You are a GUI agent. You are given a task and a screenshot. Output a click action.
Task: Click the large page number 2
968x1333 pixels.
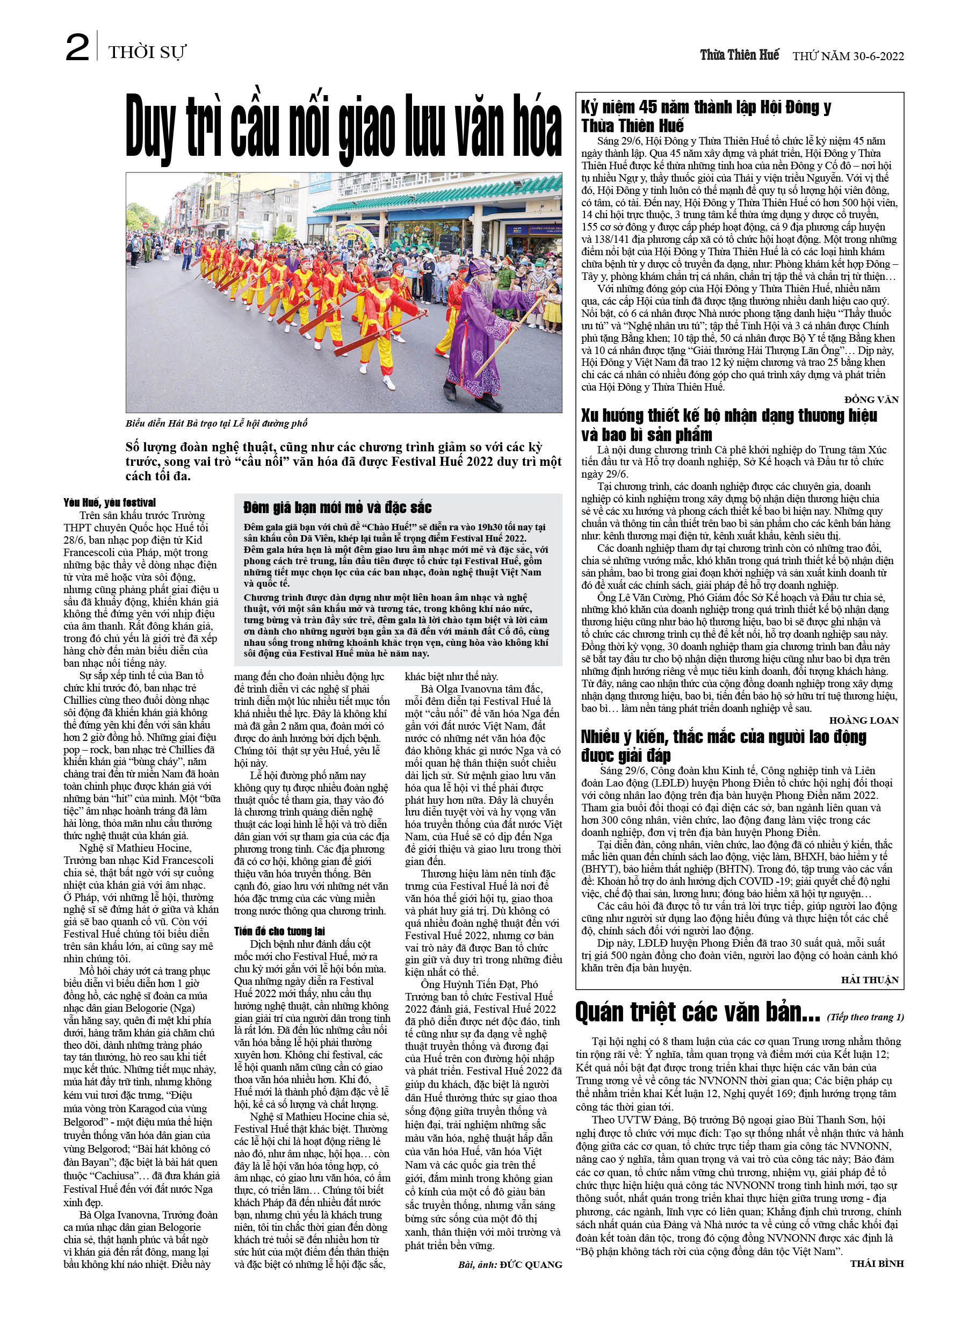[77, 49]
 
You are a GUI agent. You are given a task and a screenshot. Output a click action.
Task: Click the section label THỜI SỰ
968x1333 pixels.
[147, 53]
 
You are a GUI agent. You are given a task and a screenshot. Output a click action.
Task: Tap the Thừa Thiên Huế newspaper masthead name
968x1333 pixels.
[739, 55]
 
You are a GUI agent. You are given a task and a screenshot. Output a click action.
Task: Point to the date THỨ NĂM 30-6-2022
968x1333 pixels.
[848, 56]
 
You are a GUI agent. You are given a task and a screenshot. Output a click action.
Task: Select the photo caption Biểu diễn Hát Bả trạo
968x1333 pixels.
[216, 423]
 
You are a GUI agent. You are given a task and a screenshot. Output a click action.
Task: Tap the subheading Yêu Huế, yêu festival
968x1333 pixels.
[110, 502]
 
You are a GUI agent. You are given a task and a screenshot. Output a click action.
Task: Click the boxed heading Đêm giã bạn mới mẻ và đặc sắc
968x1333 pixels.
[337, 508]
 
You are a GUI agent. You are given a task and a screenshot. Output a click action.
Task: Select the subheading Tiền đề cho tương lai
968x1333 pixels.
[279, 931]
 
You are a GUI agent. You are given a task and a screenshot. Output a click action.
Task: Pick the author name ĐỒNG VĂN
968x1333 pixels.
[871, 400]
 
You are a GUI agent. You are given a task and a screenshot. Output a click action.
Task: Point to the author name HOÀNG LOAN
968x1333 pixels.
[863, 720]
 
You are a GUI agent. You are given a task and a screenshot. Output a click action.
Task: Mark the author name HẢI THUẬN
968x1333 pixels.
[870, 980]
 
